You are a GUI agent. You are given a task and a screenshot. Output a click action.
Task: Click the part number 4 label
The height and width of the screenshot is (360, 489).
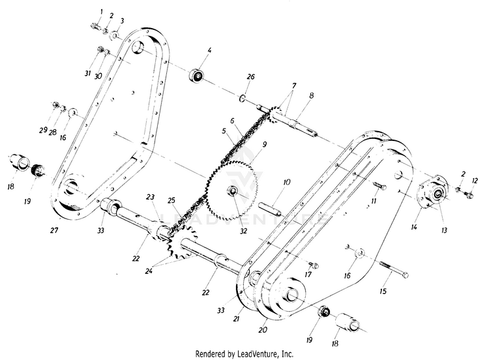coord(209,50)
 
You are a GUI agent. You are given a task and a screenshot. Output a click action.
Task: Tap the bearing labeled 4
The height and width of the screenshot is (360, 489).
coord(197,76)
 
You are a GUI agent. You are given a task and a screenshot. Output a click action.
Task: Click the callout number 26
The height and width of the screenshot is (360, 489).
coord(251,76)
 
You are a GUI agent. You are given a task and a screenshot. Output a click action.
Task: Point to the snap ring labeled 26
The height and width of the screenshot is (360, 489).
coord(243,98)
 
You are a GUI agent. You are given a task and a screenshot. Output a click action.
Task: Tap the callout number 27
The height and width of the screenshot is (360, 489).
coord(54,230)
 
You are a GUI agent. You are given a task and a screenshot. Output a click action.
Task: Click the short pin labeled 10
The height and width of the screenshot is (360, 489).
coord(270,209)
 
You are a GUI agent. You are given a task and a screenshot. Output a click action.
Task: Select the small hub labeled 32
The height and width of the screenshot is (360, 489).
coord(233,191)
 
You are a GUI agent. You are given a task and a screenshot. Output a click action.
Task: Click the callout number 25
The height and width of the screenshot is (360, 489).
coord(171,200)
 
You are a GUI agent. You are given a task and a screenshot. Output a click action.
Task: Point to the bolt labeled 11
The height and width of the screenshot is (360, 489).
coord(379,186)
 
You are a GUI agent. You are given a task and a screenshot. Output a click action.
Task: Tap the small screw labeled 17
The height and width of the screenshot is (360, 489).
coord(313,265)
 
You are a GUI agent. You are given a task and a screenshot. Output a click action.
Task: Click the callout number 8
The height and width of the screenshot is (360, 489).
coord(311,96)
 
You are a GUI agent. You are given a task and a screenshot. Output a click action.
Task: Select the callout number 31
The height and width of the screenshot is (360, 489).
coord(87,73)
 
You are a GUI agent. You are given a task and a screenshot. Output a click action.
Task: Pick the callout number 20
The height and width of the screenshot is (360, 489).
coord(263,329)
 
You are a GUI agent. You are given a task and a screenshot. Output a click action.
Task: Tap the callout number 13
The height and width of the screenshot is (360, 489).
coord(444,230)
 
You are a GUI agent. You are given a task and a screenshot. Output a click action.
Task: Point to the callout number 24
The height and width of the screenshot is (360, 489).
coord(149,271)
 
